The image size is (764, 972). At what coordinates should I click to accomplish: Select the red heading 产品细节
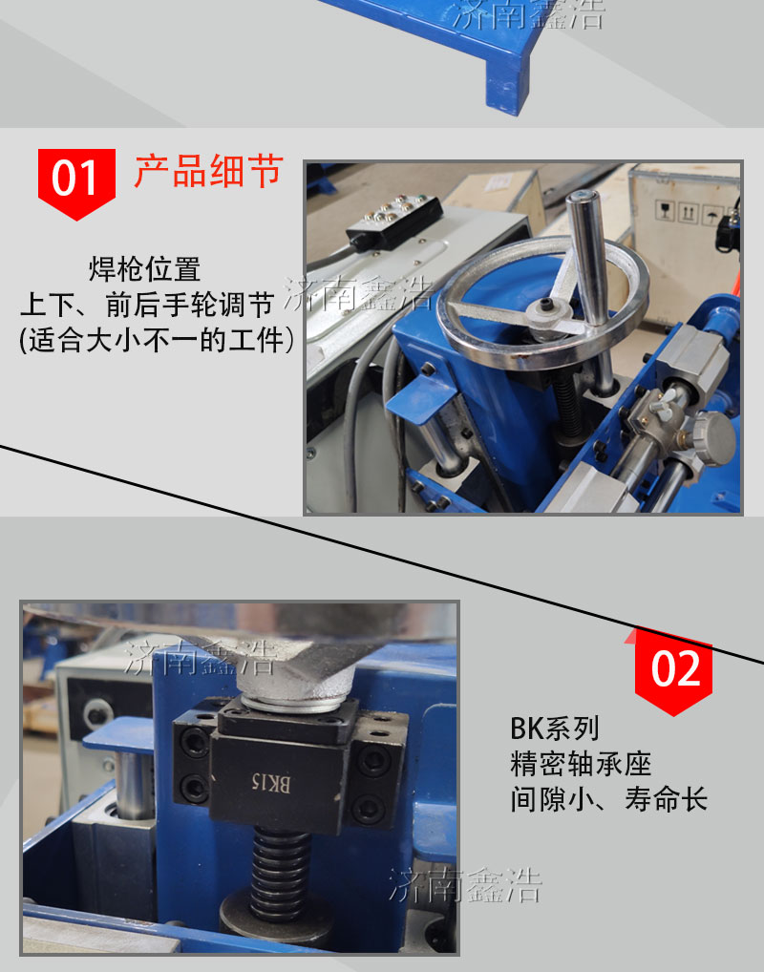point(208,171)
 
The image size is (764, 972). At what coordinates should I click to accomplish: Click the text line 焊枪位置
point(144,269)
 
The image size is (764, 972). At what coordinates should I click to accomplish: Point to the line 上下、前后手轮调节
point(147,305)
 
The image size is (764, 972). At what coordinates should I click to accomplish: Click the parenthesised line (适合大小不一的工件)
point(157,340)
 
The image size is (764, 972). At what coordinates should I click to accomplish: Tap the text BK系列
point(555,729)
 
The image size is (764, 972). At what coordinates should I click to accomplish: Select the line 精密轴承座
point(581,764)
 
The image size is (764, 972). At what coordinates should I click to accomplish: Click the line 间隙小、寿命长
point(608,799)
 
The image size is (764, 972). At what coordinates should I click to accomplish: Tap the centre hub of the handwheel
point(547,309)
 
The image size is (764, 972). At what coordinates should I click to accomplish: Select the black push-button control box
point(395,222)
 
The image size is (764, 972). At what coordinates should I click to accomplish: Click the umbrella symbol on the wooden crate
point(711,216)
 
